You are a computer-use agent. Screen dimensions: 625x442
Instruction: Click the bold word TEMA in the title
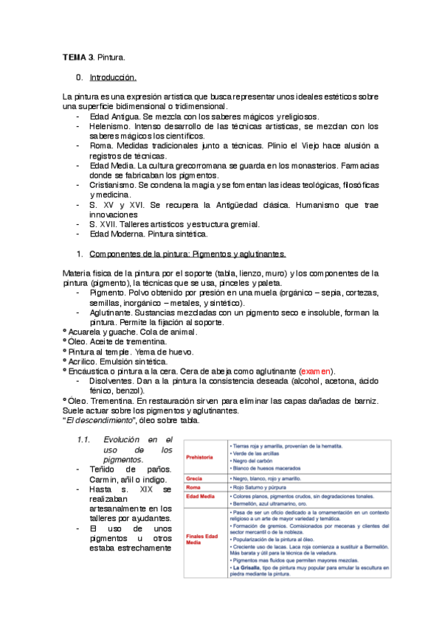click(x=73, y=57)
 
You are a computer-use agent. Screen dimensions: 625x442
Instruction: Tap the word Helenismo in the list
click(x=110, y=127)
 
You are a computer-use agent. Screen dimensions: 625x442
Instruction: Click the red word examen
click(x=317, y=371)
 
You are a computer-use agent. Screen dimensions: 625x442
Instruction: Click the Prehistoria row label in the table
click(x=200, y=457)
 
